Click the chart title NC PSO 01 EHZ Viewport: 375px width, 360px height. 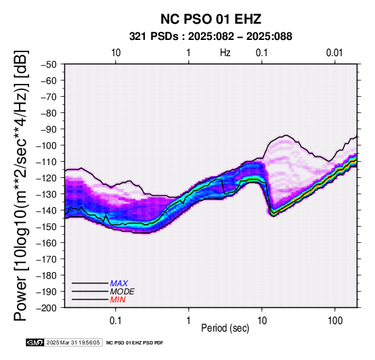pos(211,19)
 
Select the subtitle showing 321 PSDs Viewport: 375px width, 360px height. pos(211,37)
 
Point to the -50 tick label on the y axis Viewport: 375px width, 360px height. pos(48,64)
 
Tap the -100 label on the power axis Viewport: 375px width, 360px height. pos(47,145)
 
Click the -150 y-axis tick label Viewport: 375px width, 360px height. pos(47,227)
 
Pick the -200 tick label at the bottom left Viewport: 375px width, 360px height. pos(47,308)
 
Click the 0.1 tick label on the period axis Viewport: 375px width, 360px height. pos(115,321)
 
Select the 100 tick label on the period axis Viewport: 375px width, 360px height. pos(335,321)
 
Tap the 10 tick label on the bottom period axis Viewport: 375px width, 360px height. pos(262,321)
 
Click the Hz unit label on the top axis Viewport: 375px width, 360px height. pos(225,53)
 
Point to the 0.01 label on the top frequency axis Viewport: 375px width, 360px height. pos(334,53)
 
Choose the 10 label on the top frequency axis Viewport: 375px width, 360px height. pos(116,53)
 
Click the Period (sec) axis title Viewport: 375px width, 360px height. pos(225,328)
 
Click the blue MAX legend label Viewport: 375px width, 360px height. pos(118,284)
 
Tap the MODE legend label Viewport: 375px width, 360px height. pos(122,292)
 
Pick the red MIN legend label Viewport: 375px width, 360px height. pos(118,300)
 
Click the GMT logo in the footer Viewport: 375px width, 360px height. pos(35,342)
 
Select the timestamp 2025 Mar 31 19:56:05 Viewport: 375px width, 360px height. pos(73,342)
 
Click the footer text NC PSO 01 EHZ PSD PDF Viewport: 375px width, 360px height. pos(135,343)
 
